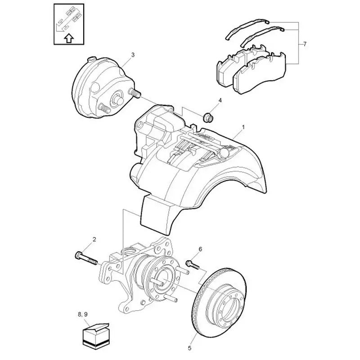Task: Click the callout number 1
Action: pyautogui.click(x=243, y=128)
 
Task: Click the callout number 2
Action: pyautogui.click(x=94, y=239)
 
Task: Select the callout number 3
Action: pyautogui.click(x=133, y=55)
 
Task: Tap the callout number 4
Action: pyautogui.click(x=220, y=100)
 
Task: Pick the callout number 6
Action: pyautogui.click(x=200, y=249)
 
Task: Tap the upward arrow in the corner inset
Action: pyautogui.click(x=68, y=38)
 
